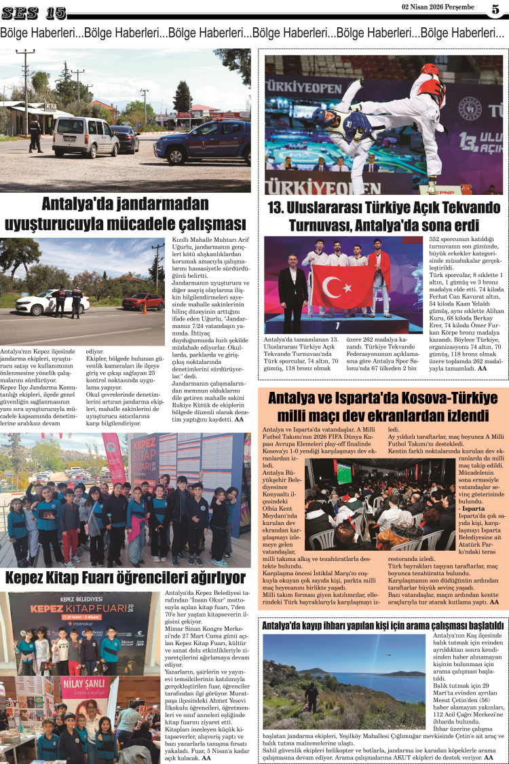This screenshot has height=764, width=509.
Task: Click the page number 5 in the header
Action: [x=495, y=10]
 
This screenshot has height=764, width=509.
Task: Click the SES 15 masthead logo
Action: [x=35, y=13]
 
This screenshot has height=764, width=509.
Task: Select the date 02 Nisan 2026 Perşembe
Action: [x=438, y=7]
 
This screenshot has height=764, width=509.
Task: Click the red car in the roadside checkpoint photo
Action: [x=143, y=301]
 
